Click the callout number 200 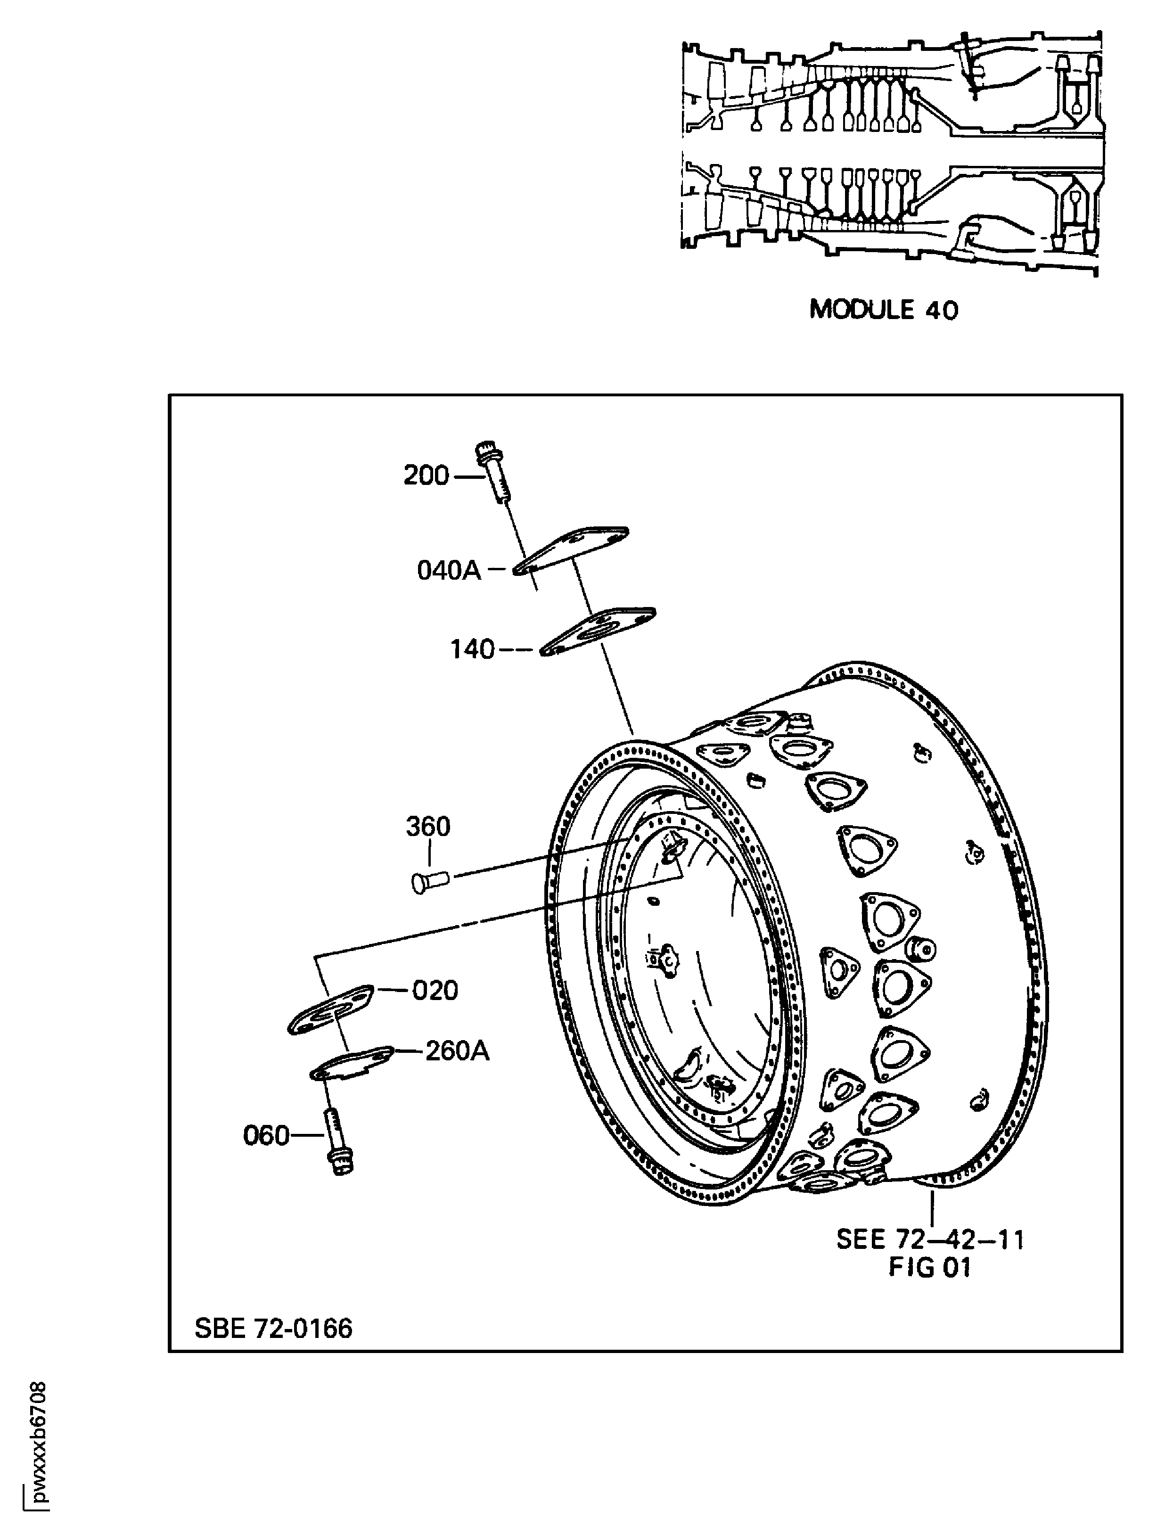(x=426, y=476)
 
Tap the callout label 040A (x=449, y=570)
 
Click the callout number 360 (x=428, y=826)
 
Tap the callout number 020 (x=435, y=990)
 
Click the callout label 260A (x=457, y=1051)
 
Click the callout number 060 (x=266, y=1135)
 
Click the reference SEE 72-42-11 (x=930, y=1239)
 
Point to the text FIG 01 (x=929, y=1268)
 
